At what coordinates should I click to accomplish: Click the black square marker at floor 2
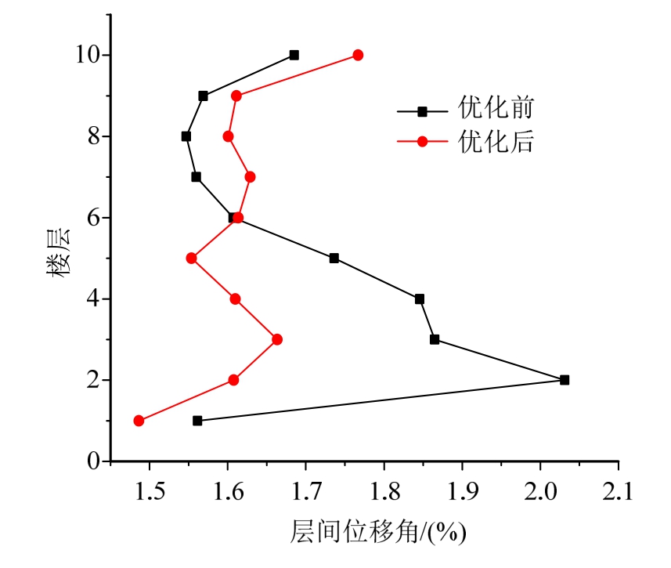[x=565, y=380]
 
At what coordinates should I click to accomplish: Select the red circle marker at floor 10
[x=358, y=55]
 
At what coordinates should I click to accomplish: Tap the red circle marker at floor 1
[x=139, y=421]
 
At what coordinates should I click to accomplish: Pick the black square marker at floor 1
[x=197, y=421]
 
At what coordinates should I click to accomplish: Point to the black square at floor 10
[x=294, y=55]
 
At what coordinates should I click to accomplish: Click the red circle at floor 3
[x=276, y=339]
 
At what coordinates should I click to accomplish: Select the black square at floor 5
[x=334, y=258]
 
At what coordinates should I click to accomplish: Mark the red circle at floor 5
[x=191, y=258]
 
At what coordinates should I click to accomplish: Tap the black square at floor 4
[x=420, y=298]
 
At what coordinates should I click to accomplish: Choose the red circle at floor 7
[x=250, y=176]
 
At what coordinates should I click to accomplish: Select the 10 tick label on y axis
[x=88, y=55]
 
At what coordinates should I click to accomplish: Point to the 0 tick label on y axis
[x=93, y=461]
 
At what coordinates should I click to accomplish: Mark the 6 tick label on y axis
[x=93, y=218]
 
